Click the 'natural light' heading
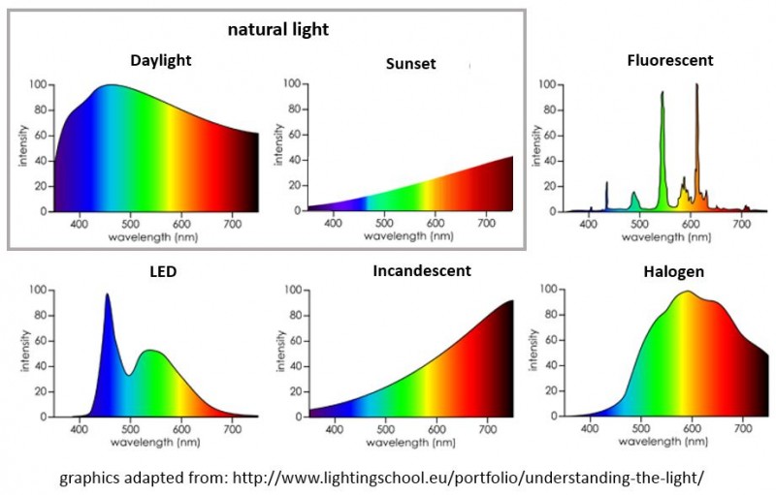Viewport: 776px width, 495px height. (278, 29)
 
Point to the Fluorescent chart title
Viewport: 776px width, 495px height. (669, 60)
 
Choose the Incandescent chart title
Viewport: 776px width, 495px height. (422, 270)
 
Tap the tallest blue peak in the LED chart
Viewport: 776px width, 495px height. (107, 295)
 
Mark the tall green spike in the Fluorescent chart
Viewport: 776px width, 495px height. (663, 94)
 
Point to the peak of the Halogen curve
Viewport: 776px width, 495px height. (687, 292)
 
